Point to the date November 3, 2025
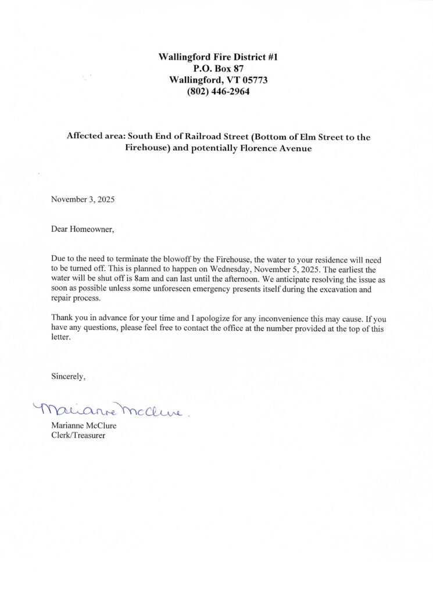point(83,199)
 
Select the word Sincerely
point(69,377)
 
